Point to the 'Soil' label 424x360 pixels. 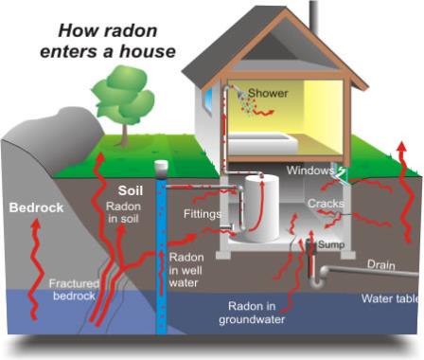point(130,189)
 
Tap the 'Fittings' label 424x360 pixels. point(203,214)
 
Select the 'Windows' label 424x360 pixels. point(310,171)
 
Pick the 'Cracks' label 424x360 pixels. point(326,204)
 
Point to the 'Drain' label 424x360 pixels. point(381,265)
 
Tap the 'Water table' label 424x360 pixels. point(391,298)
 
